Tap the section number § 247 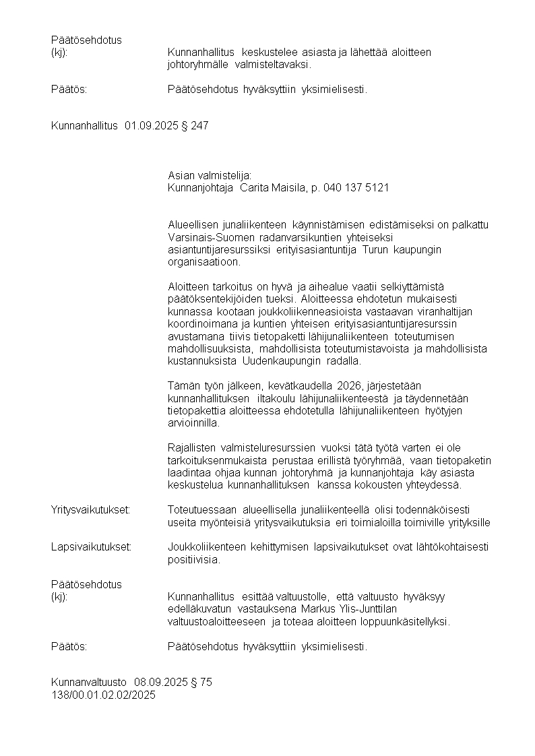pos(195,125)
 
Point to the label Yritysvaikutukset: pos(90,510)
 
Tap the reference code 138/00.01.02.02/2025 pos(103,695)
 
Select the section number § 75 pos(201,682)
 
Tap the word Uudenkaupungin pos(275,361)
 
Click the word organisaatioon pos(199,261)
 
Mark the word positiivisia pos(193,559)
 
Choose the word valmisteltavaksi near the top pos(274,65)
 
